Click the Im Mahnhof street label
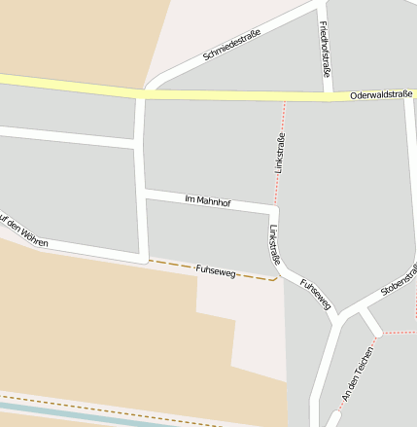pos(207,200)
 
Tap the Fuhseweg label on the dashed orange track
pos(216,268)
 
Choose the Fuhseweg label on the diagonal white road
pos(316,295)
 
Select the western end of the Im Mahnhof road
pos(144,194)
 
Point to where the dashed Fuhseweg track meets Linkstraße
pos(278,276)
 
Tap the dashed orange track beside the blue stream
pos(97,406)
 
